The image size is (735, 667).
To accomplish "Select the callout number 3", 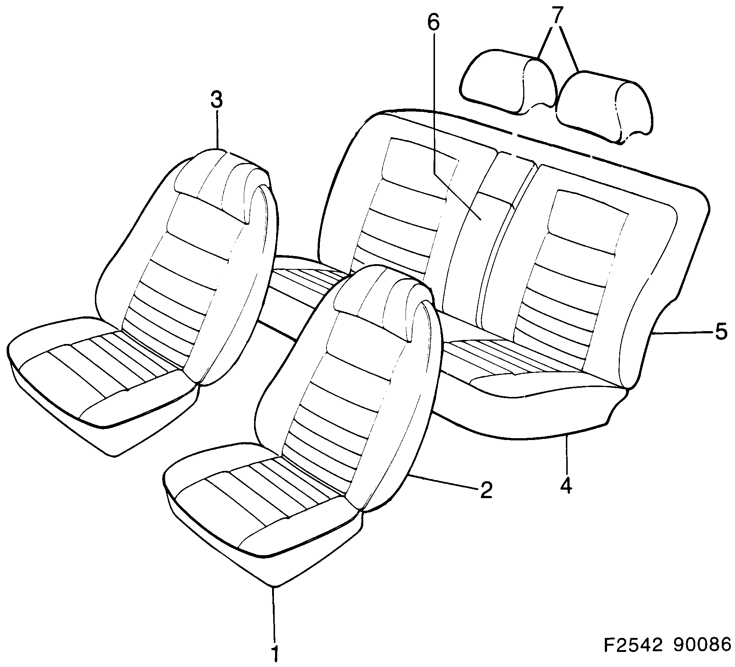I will (x=217, y=100).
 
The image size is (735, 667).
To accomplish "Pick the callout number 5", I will (x=721, y=332).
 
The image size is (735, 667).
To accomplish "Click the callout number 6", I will (x=433, y=23).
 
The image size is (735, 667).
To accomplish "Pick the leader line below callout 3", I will (x=217, y=129).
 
